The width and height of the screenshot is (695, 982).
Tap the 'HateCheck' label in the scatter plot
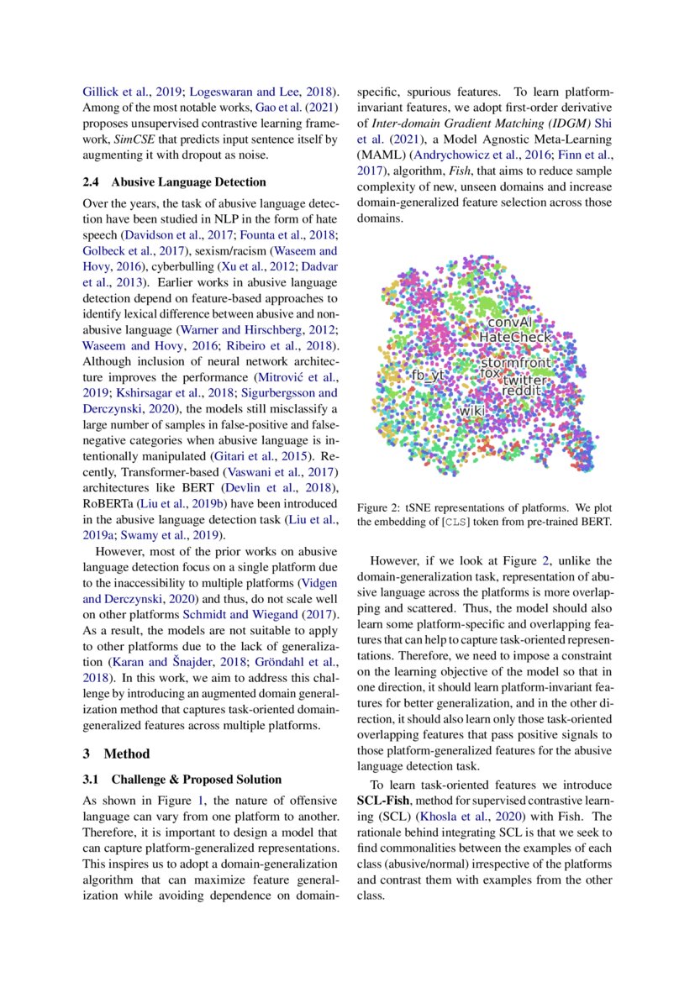point(515,337)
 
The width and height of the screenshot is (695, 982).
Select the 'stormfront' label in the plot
point(516,363)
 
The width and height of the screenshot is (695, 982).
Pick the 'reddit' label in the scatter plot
point(522,391)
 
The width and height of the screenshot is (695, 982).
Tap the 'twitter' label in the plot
point(524,380)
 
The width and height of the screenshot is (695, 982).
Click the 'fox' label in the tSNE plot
point(489,371)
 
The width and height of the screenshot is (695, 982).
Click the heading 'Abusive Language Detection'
point(188,181)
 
